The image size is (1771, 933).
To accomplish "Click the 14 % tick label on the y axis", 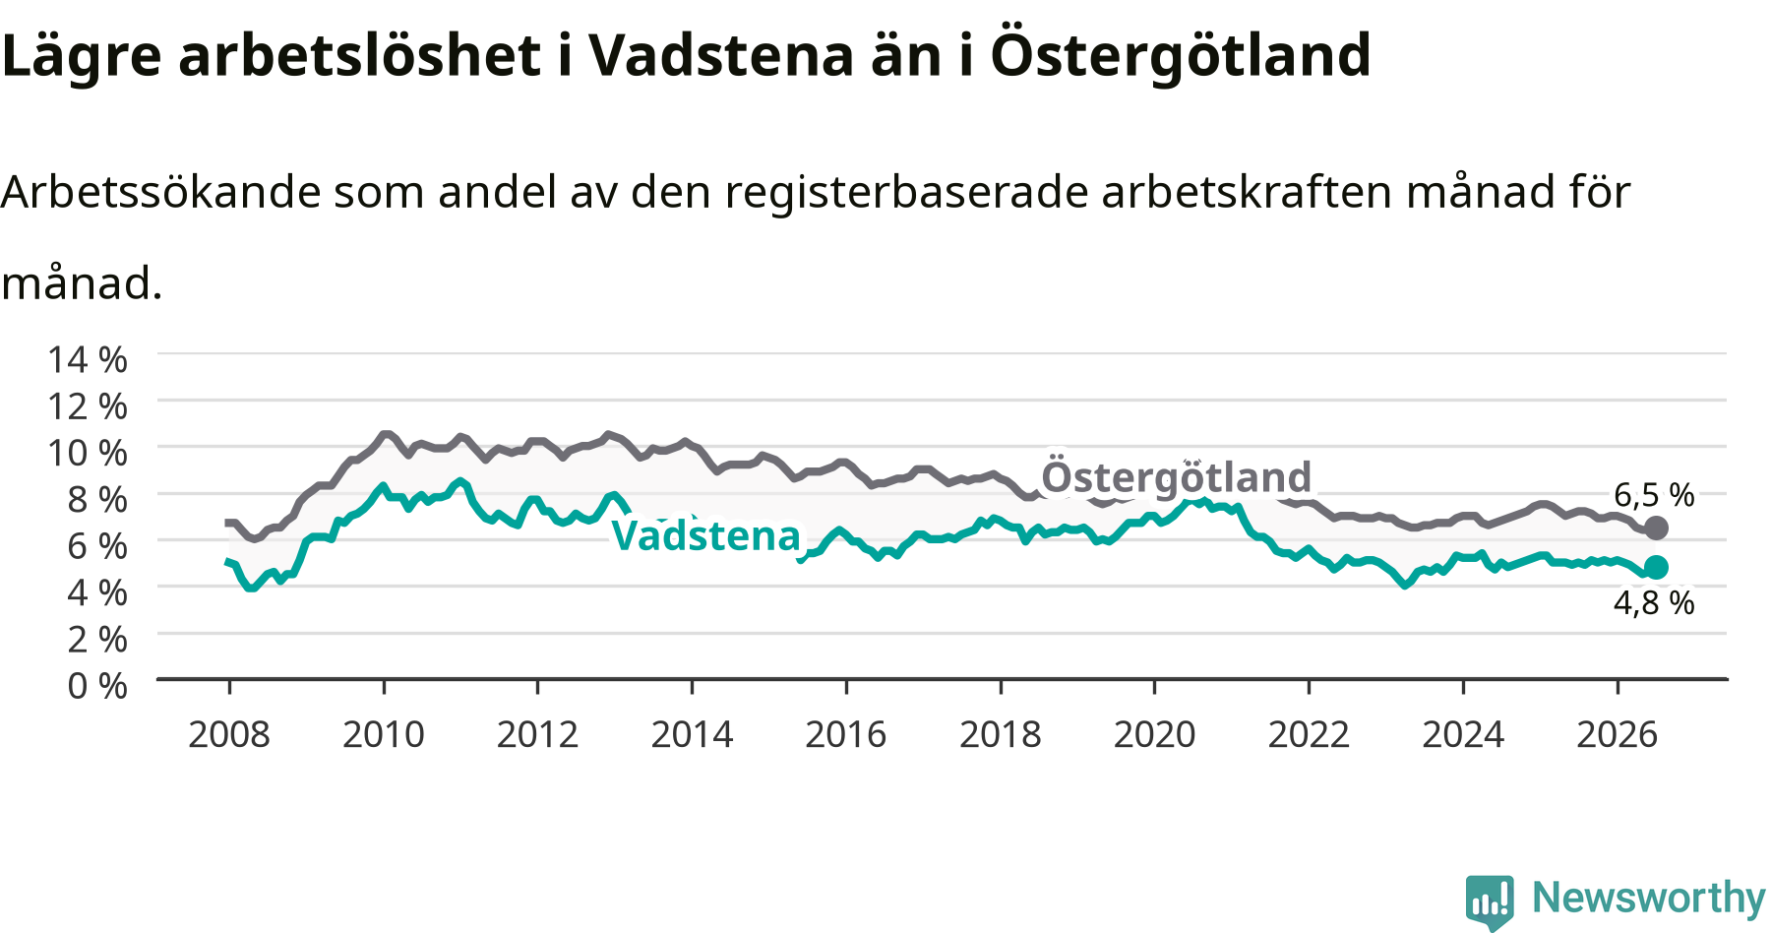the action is tap(88, 359).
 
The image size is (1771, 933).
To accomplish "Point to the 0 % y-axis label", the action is tap(97, 685).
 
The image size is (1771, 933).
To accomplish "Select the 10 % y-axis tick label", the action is tap(88, 453).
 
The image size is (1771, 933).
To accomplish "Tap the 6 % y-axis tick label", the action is tap(97, 545).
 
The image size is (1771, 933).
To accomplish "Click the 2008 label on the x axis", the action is tap(229, 734).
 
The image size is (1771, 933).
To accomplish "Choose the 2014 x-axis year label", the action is tap(692, 734).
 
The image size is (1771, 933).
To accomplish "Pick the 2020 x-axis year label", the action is tap(1154, 734).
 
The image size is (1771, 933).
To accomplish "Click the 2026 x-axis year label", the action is tap(1618, 734).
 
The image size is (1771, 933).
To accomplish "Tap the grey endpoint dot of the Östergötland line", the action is tap(1656, 529).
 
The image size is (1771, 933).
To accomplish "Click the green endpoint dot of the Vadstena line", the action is tap(1656, 567).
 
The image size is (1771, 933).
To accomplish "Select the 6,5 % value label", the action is tap(1654, 495).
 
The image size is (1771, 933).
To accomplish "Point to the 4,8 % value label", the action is tap(1654, 602).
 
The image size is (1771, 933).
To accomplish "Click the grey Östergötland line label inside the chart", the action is tap(1177, 477).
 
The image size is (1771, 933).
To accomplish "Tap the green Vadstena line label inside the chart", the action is tap(706, 536).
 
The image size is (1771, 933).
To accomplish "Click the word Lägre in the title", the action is tap(81, 56).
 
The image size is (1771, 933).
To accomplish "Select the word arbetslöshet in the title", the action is tap(359, 55).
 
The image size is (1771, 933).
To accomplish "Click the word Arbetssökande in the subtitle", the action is tap(161, 192).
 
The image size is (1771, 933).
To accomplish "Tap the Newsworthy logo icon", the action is tap(1490, 902).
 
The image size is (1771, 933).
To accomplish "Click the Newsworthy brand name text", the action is tap(1649, 899).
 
